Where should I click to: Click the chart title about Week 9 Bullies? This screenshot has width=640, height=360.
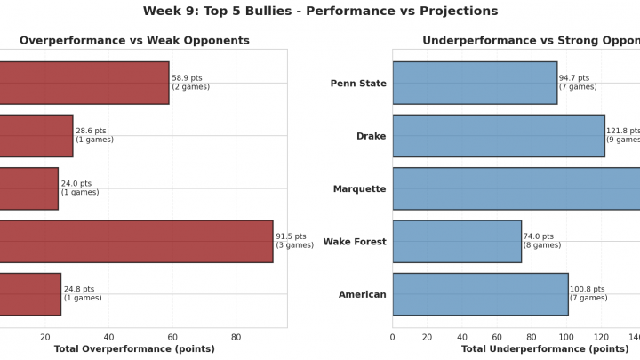pyautogui.click(x=320, y=12)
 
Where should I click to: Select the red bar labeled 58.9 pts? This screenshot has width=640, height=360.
pyautogui.click(x=84, y=83)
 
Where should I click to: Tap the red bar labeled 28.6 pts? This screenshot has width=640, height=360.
pyautogui.click(x=36, y=136)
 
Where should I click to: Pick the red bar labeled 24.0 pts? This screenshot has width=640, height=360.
pyautogui.click(x=29, y=188)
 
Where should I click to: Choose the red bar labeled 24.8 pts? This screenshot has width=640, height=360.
pyautogui.click(x=30, y=294)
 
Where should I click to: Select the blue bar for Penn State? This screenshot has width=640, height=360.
pyautogui.click(x=475, y=83)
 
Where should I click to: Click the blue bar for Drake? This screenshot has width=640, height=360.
pyautogui.click(x=498, y=136)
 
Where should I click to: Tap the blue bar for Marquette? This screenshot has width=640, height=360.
pyautogui.click(x=516, y=188)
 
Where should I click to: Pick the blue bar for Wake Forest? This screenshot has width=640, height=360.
pyautogui.click(x=457, y=241)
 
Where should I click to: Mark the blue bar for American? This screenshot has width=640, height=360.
pyautogui.click(x=480, y=294)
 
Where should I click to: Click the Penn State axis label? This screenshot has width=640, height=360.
pyautogui.click(x=358, y=84)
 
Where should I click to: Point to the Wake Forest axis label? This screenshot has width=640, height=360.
pyautogui.click(x=355, y=242)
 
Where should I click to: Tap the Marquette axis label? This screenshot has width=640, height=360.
pyautogui.click(x=359, y=189)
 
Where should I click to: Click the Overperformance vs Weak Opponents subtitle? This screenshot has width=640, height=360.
pyautogui.click(x=134, y=41)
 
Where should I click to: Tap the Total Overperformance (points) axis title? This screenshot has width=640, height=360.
pyautogui.click(x=134, y=349)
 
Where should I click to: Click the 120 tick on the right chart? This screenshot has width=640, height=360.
pyautogui.click(x=601, y=337)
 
